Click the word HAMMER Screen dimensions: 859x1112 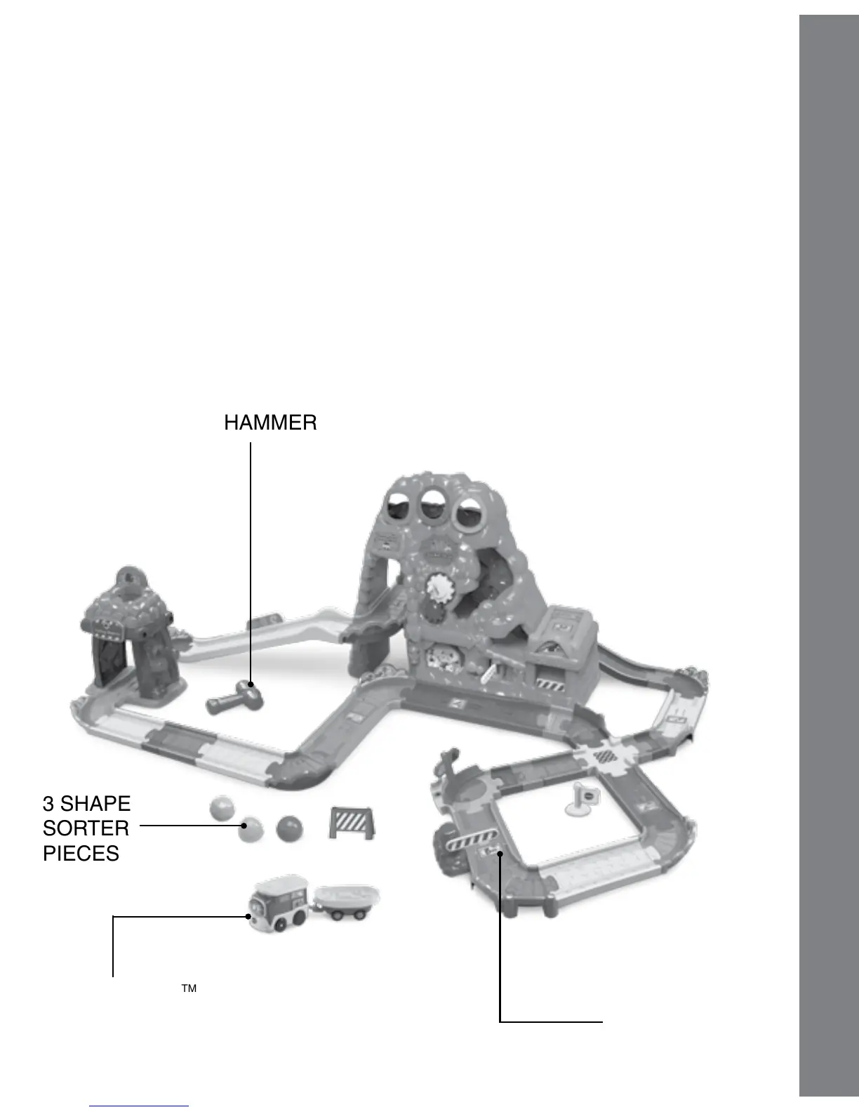(270, 423)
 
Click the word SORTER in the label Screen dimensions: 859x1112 (86, 828)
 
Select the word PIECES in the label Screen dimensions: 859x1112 (81, 853)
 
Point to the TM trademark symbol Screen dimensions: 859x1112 (189, 988)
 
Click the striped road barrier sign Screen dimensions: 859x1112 (352, 822)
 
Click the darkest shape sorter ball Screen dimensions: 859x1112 (290, 828)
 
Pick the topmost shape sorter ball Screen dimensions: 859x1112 (222, 809)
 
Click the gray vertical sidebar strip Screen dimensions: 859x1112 (829, 555)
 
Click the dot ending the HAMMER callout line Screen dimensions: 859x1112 (251, 684)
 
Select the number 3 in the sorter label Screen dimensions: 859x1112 (48, 803)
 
